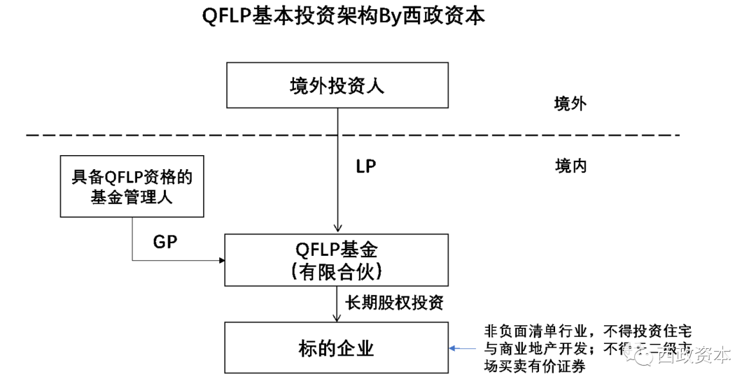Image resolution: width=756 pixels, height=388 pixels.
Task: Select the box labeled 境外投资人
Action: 337,85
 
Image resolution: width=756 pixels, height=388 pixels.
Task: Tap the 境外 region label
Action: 570,104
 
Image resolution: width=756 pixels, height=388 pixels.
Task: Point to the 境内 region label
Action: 570,166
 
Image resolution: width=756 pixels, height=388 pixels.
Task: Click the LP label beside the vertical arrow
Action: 366,168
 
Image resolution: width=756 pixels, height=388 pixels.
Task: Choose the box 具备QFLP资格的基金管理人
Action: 132,186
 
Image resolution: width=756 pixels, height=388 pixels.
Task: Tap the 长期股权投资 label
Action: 394,302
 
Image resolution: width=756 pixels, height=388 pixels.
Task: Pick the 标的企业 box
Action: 337,347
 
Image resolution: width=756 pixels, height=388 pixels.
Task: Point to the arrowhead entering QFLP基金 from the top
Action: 337,229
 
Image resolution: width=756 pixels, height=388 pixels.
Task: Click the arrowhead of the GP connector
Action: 221,261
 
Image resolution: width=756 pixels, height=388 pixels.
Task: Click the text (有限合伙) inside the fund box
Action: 337,271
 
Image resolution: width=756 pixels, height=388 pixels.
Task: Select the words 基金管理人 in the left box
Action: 132,197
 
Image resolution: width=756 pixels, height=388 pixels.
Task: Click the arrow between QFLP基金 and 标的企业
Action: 337,303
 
